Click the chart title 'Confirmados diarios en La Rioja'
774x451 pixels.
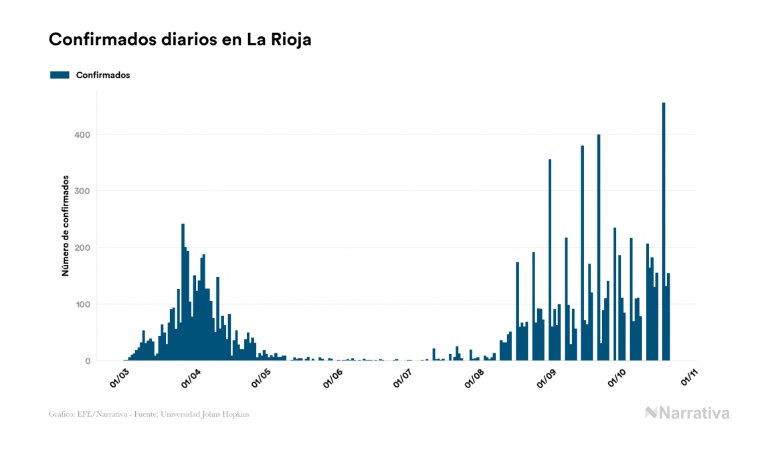tap(180, 39)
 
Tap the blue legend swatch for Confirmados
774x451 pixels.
tap(60, 75)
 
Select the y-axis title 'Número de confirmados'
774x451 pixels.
tap(66, 225)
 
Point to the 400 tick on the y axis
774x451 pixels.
tap(84, 134)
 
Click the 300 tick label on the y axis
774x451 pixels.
tap(84, 191)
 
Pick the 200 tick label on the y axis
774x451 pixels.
tap(84, 248)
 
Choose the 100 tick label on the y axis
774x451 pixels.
tap(84, 304)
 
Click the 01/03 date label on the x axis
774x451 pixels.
tap(120, 377)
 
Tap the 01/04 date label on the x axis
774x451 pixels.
tap(191, 377)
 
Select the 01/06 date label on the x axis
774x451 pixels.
tap(334, 377)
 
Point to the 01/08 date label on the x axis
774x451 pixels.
tap(476, 377)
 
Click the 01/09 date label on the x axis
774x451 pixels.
tap(547, 377)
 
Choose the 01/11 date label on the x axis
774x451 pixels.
tap(689, 377)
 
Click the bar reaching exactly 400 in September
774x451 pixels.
tap(599, 248)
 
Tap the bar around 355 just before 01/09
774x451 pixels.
tap(550, 260)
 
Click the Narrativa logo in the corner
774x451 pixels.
tap(687, 413)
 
